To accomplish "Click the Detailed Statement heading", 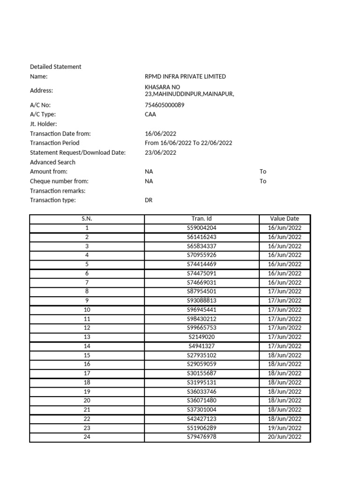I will point(55,67).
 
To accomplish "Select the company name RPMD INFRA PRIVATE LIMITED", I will point(185,76).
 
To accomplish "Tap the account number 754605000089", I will point(165,105).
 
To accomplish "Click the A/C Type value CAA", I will point(151,114).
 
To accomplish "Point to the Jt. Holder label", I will point(43,124).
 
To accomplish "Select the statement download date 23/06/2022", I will point(161,152).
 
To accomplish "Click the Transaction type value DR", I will point(149,200).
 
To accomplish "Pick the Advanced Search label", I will point(52,162).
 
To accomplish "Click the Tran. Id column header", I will point(202,218).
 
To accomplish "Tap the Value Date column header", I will point(285,218).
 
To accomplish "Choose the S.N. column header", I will point(87,218).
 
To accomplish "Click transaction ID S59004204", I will point(202,228).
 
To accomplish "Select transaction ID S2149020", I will point(202,337).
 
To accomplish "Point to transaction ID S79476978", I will point(202,437).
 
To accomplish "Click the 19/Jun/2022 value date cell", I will point(285,428).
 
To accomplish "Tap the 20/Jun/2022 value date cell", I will point(285,437).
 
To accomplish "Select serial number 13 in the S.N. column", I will point(87,337).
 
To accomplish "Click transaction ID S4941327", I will point(202,346).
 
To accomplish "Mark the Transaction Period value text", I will point(188,143).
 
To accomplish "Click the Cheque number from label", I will point(59,181).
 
